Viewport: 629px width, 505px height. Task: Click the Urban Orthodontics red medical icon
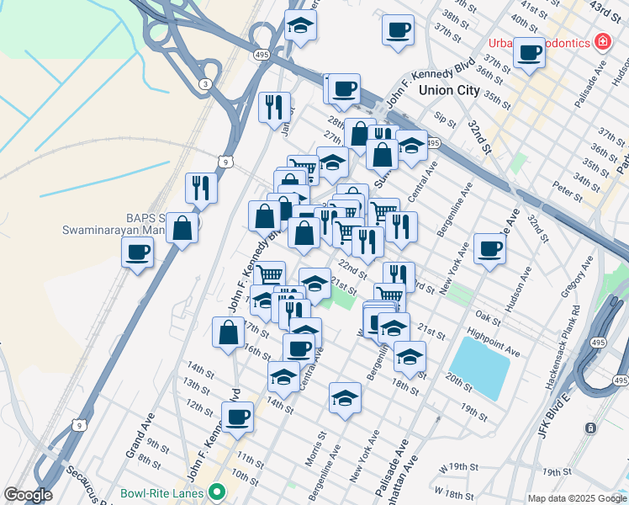601,40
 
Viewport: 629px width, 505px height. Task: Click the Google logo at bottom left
27,494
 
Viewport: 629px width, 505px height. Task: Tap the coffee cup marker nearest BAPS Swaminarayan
138,252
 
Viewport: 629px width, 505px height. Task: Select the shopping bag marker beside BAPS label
182,228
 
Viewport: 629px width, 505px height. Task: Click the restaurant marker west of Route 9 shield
201,188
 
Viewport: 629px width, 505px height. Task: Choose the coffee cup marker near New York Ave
489,248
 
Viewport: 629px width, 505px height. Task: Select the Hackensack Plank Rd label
565,346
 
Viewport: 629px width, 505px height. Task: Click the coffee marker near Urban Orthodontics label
529,53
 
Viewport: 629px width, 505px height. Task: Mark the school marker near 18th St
410,357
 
